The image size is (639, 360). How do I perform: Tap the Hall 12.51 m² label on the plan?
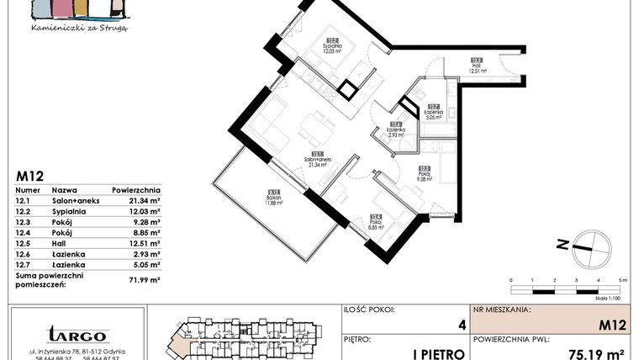click(x=477, y=66)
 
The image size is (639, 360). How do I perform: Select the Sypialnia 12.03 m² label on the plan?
click(x=333, y=46)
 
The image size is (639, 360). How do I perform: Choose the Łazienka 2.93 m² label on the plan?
click(x=395, y=130)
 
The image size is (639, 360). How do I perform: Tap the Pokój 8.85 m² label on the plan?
click(x=375, y=223)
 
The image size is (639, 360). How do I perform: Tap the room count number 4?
click(x=460, y=325)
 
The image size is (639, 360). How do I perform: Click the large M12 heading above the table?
click(x=30, y=176)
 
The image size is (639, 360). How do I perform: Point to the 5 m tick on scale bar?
click(x=622, y=279)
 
